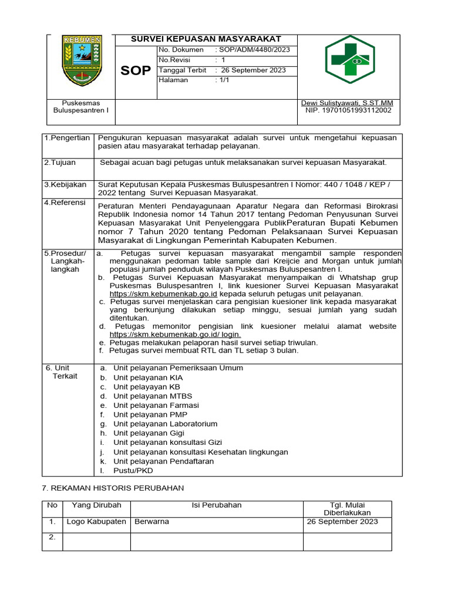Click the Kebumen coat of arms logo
click(x=82, y=60)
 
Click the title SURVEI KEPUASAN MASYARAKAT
click(x=206, y=39)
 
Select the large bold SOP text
click(x=136, y=71)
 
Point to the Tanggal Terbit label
click(x=182, y=70)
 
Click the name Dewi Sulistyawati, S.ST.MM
click(x=346, y=103)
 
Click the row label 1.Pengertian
click(x=67, y=138)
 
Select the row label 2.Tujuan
click(x=60, y=163)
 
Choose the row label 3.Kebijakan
click(x=66, y=184)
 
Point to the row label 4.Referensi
click(x=65, y=203)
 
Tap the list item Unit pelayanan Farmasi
click(x=156, y=406)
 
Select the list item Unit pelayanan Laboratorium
click(x=166, y=424)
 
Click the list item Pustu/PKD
click(x=133, y=471)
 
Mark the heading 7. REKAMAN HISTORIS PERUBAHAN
click(x=113, y=488)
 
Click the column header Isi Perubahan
click(x=216, y=505)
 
